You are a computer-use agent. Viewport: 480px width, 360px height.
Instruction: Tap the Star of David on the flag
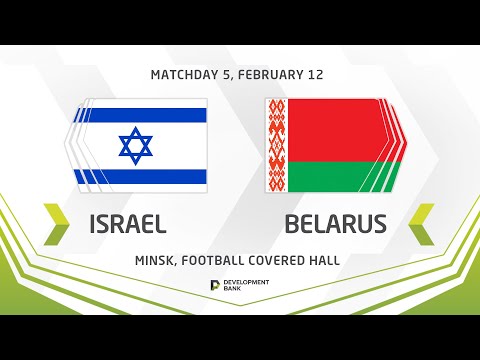(x=136, y=146)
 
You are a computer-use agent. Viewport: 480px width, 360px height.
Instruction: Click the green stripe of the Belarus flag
(x=335, y=177)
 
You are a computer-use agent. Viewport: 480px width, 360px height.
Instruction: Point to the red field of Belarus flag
(x=335, y=130)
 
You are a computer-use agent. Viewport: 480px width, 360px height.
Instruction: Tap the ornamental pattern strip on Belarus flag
(x=277, y=146)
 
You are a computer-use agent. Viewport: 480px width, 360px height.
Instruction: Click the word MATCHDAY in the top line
(x=187, y=75)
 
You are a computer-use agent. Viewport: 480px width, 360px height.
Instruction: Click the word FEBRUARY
(x=275, y=75)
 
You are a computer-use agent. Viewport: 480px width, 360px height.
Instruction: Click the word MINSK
(x=157, y=260)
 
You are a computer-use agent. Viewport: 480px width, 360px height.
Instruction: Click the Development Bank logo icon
(x=215, y=286)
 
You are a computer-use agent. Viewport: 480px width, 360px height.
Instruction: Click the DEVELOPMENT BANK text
(x=247, y=286)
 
